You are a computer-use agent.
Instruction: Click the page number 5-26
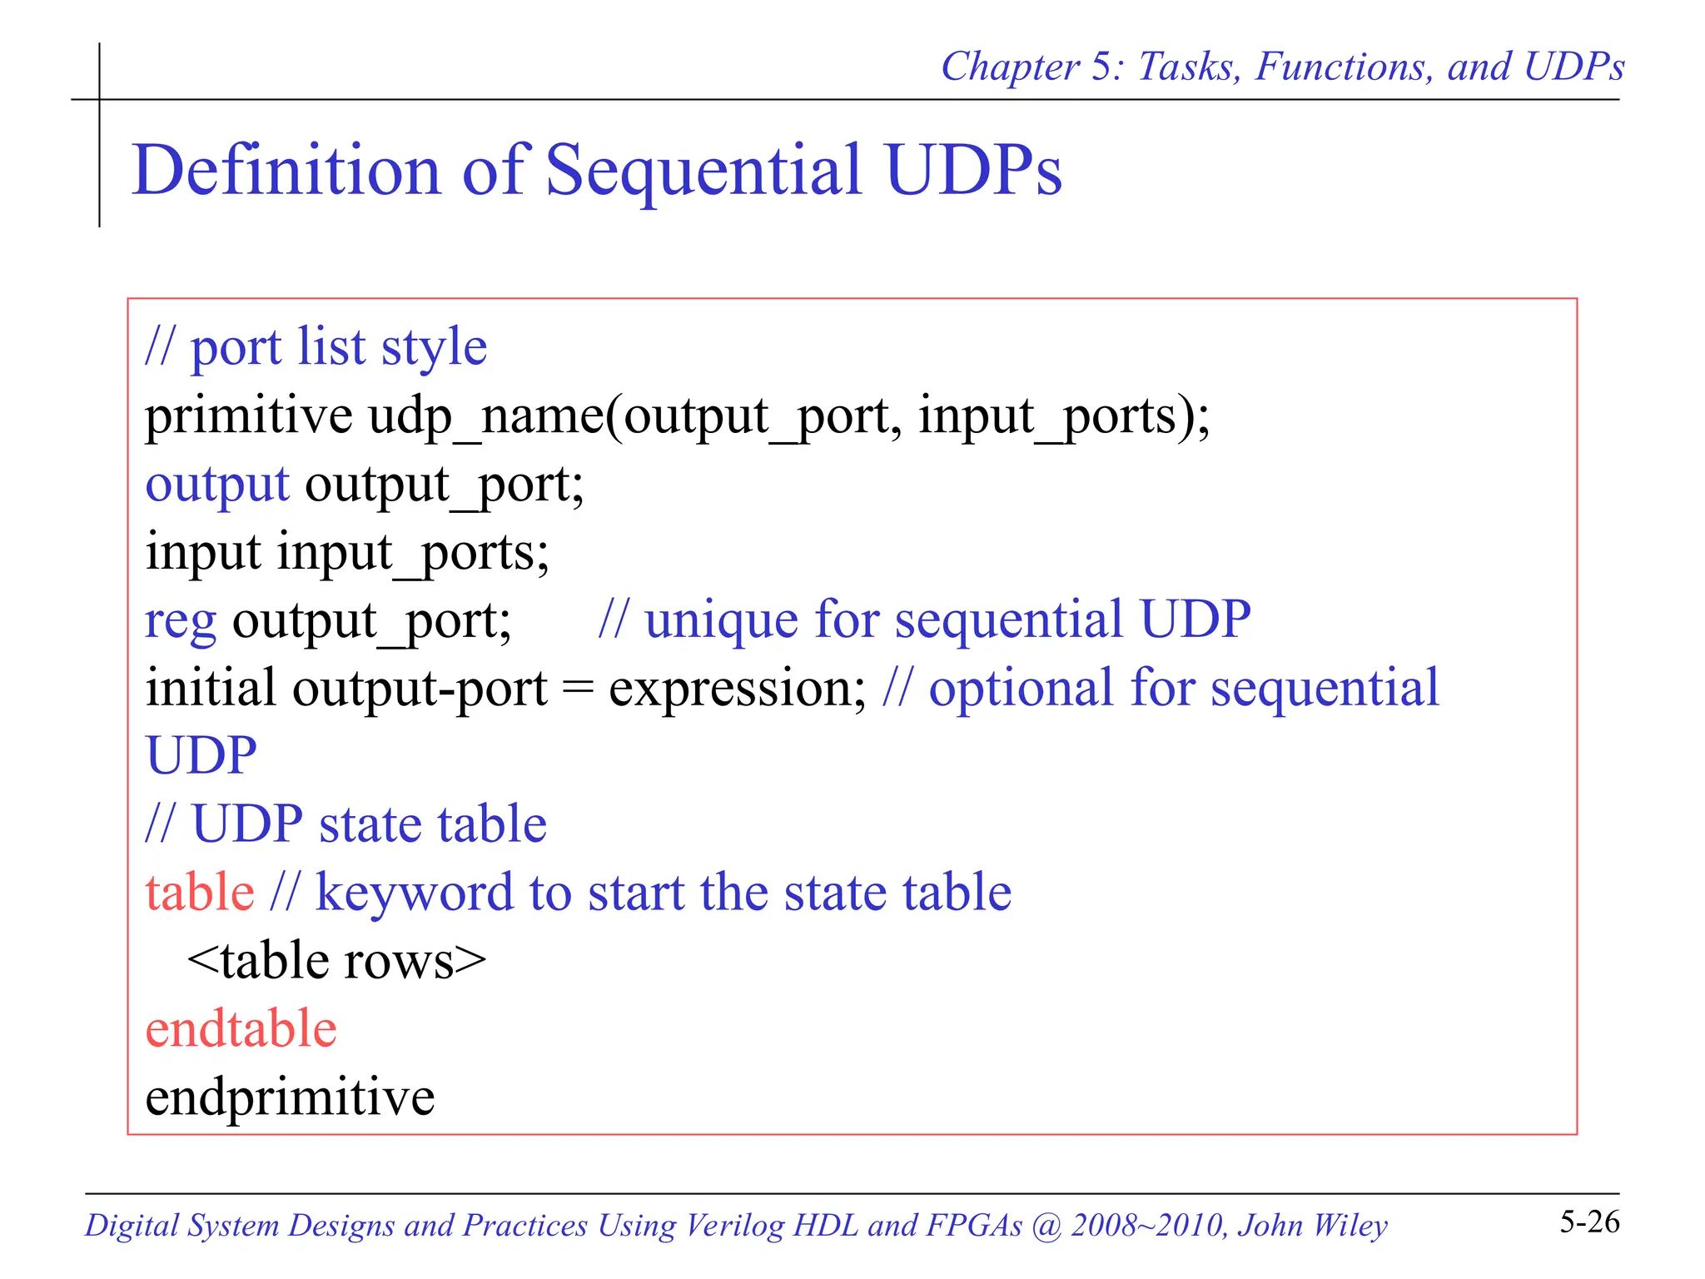pyautogui.click(x=1588, y=1222)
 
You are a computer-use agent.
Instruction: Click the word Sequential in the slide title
pyautogui.click(x=703, y=171)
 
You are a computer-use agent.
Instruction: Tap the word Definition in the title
pyautogui.click(x=286, y=171)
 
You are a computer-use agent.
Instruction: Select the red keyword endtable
pyautogui.click(x=241, y=1029)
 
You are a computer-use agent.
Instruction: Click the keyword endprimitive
pyautogui.click(x=290, y=1097)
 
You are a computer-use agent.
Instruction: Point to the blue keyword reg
pyautogui.click(x=180, y=621)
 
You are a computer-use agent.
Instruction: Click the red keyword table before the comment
pyautogui.click(x=199, y=893)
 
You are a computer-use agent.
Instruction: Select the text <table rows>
pyautogui.click(x=336, y=961)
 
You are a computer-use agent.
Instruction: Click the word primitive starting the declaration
pyautogui.click(x=248, y=416)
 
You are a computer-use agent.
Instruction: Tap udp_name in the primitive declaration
pyautogui.click(x=485, y=416)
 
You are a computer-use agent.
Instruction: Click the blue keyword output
pyautogui.click(x=216, y=485)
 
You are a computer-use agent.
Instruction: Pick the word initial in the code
pyautogui.click(x=210, y=689)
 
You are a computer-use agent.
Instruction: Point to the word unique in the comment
pyautogui.click(x=721, y=620)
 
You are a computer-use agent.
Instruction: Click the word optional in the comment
pyautogui.click(x=1020, y=689)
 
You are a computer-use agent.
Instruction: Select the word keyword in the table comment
pyautogui.click(x=414, y=893)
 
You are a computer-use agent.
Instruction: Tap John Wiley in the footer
pyautogui.click(x=1312, y=1226)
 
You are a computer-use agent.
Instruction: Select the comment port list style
pyautogui.click(x=316, y=347)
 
